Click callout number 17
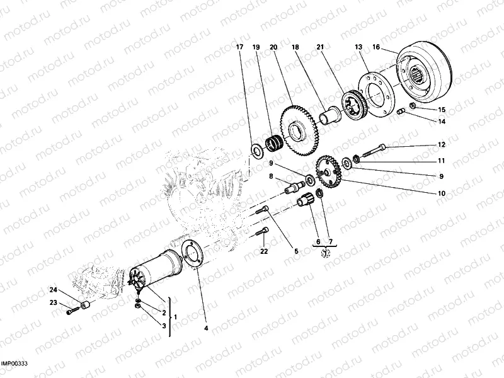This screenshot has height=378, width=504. (239, 47)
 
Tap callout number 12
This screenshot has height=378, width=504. (442, 145)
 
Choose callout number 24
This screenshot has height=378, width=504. (54, 290)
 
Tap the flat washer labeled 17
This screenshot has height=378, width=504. (258, 151)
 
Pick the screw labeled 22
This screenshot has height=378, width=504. (263, 234)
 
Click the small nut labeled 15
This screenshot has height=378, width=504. (411, 106)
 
